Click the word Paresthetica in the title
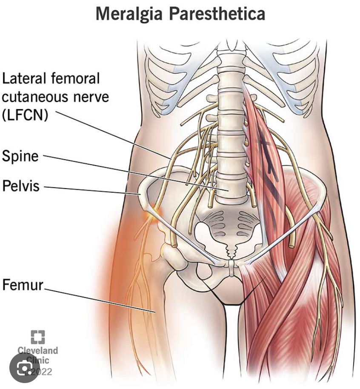(x=217, y=14)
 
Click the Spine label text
(x=20, y=156)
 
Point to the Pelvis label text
(x=21, y=186)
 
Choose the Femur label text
(x=23, y=284)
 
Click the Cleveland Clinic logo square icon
(x=37, y=338)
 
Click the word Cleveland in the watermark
(x=37, y=351)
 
